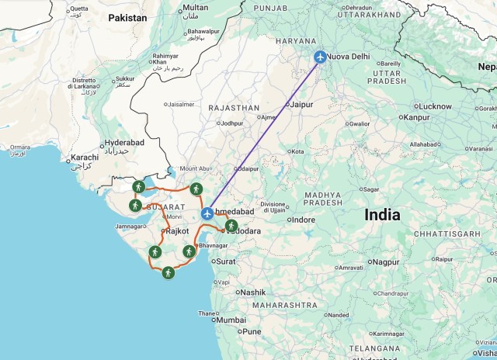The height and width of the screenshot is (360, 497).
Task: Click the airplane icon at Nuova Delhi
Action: (x=320, y=57)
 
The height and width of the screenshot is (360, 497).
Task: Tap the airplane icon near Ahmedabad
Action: (x=207, y=213)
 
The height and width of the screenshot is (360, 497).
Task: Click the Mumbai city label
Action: (x=231, y=320)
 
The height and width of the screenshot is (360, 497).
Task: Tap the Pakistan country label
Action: (x=127, y=17)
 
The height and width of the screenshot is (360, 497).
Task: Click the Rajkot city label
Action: (x=177, y=231)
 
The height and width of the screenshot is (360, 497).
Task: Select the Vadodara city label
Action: (x=244, y=231)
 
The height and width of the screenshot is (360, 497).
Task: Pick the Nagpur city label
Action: (x=384, y=262)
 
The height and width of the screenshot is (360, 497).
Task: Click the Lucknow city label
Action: (x=435, y=106)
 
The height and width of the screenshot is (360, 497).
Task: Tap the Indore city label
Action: (x=302, y=220)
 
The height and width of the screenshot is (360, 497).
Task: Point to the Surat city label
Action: (x=226, y=261)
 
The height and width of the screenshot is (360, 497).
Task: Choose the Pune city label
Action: (x=252, y=331)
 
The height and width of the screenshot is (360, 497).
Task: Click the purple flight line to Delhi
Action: (x=264, y=135)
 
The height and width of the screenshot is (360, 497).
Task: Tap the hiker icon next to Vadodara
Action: (x=231, y=226)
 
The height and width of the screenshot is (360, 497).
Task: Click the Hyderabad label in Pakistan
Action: (x=125, y=143)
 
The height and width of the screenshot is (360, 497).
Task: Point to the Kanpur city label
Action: (x=416, y=117)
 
